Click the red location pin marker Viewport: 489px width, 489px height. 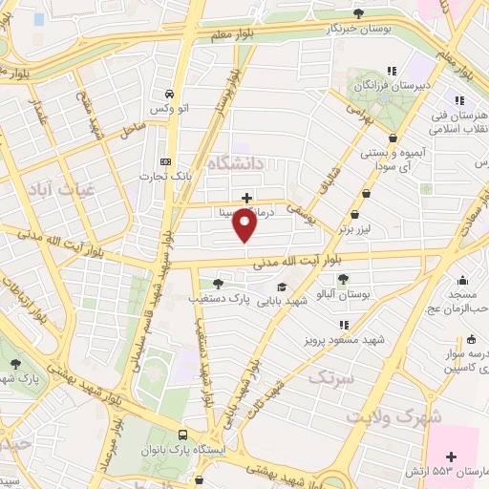point(245,225)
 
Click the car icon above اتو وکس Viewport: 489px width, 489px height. point(169,95)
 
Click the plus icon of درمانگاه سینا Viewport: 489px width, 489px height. point(247,198)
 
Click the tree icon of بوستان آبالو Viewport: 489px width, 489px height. point(343,278)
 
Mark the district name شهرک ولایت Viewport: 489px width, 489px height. point(394,417)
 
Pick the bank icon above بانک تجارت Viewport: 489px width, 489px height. point(165,159)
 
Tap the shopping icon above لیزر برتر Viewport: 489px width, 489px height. point(356,216)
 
